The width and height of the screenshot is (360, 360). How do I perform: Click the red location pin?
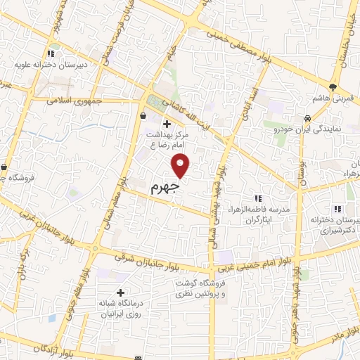[x=181, y=165]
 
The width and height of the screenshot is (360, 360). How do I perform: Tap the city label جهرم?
[x=165, y=188]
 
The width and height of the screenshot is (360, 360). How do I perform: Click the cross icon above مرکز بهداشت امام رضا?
[x=166, y=125]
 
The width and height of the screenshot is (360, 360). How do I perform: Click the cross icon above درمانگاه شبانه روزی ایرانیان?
[x=120, y=292]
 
